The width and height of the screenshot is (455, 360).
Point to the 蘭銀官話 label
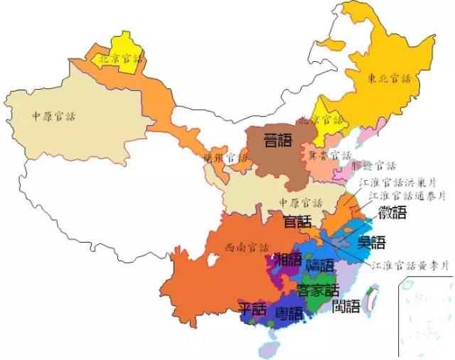click(223, 158)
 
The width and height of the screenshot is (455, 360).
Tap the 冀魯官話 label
click(324, 154)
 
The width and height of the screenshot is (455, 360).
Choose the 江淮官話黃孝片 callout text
click(410, 265)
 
